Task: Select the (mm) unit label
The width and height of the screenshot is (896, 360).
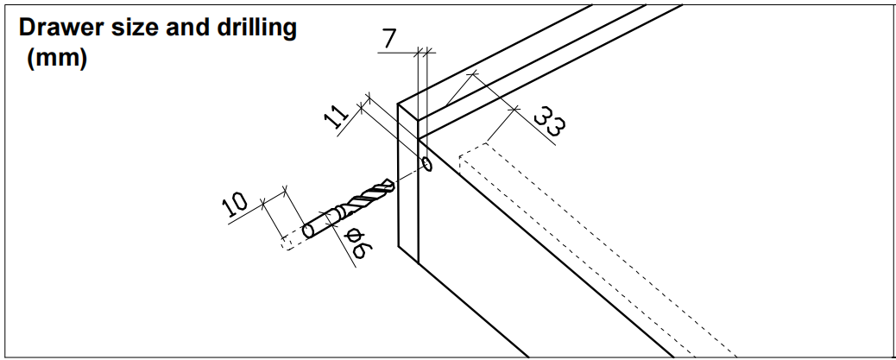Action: (x=57, y=61)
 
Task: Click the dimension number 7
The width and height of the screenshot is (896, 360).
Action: (x=389, y=38)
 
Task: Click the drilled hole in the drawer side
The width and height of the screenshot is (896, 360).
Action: (x=426, y=164)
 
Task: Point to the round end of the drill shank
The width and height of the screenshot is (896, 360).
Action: (x=308, y=231)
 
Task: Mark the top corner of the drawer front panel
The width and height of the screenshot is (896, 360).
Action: (x=399, y=105)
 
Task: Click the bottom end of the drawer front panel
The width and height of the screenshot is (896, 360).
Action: (x=407, y=256)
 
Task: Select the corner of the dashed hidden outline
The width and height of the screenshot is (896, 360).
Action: (x=460, y=157)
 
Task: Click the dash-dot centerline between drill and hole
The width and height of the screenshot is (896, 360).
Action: (x=410, y=173)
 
